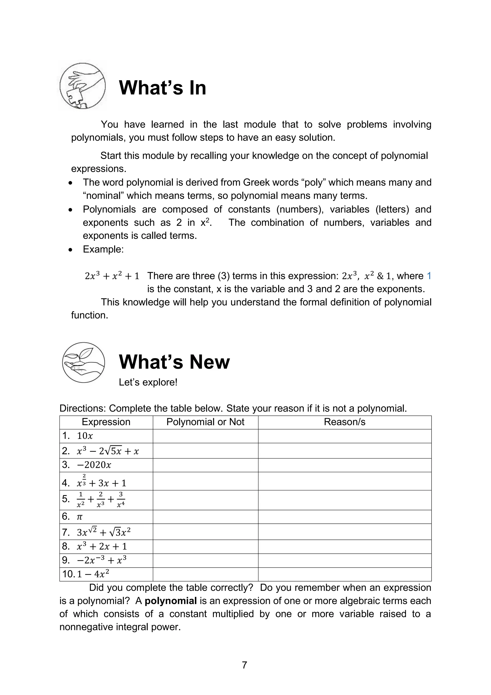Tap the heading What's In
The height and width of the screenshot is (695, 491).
pyautogui.click(x=163, y=88)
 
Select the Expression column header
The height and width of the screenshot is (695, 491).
pyautogui.click(x=106, y=422)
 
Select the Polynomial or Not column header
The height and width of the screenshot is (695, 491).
pyautogui.click(x=205, y=422)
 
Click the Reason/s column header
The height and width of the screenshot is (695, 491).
pyautogui.click(x=344, y=422)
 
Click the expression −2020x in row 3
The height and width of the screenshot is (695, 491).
pyautogui.click(x=94, y=465)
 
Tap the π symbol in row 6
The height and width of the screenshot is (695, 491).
pyautogui.click(x=79, y=517)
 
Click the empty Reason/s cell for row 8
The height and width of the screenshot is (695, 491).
pyautogui.click(x=344, y=546)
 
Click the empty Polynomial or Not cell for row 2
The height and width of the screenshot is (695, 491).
pyautogui.click(x=205, y=451)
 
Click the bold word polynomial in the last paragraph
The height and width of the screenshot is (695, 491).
pyautogui.click(x=171, y=601)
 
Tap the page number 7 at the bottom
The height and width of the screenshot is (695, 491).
pyautogui.click(x=245, y=665)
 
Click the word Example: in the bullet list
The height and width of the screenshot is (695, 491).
pyautogui.click(x=103, y=249)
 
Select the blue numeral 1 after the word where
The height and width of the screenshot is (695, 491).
pyautogui.click(x=429, y=276)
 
